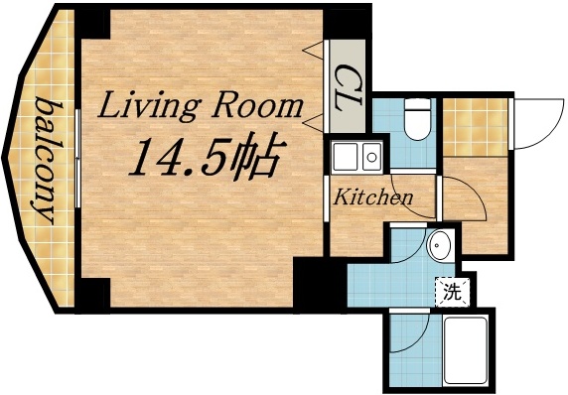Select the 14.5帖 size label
click(205, 156)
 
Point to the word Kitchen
click(371, 197)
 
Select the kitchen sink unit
click(358, 157)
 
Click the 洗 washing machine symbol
click(451, 292)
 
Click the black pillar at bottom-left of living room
click(93, 292)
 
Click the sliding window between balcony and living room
click(77, 159)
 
